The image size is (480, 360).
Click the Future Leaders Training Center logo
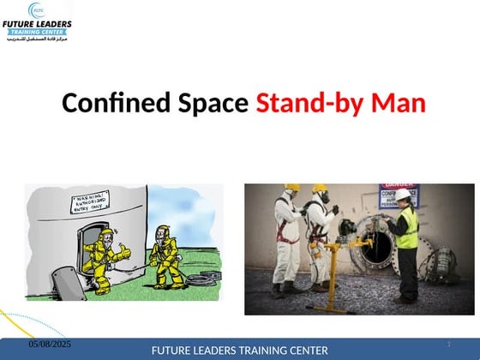click(x=37, y=25)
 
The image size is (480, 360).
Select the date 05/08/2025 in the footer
click(x=49, y=344)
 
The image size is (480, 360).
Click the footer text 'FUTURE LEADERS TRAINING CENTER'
click(x=239, y=351)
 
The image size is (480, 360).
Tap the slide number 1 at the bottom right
click(x=448, y=344)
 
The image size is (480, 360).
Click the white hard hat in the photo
click(x=402, y=195)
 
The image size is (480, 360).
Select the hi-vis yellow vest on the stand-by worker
click(x=408, y=227)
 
